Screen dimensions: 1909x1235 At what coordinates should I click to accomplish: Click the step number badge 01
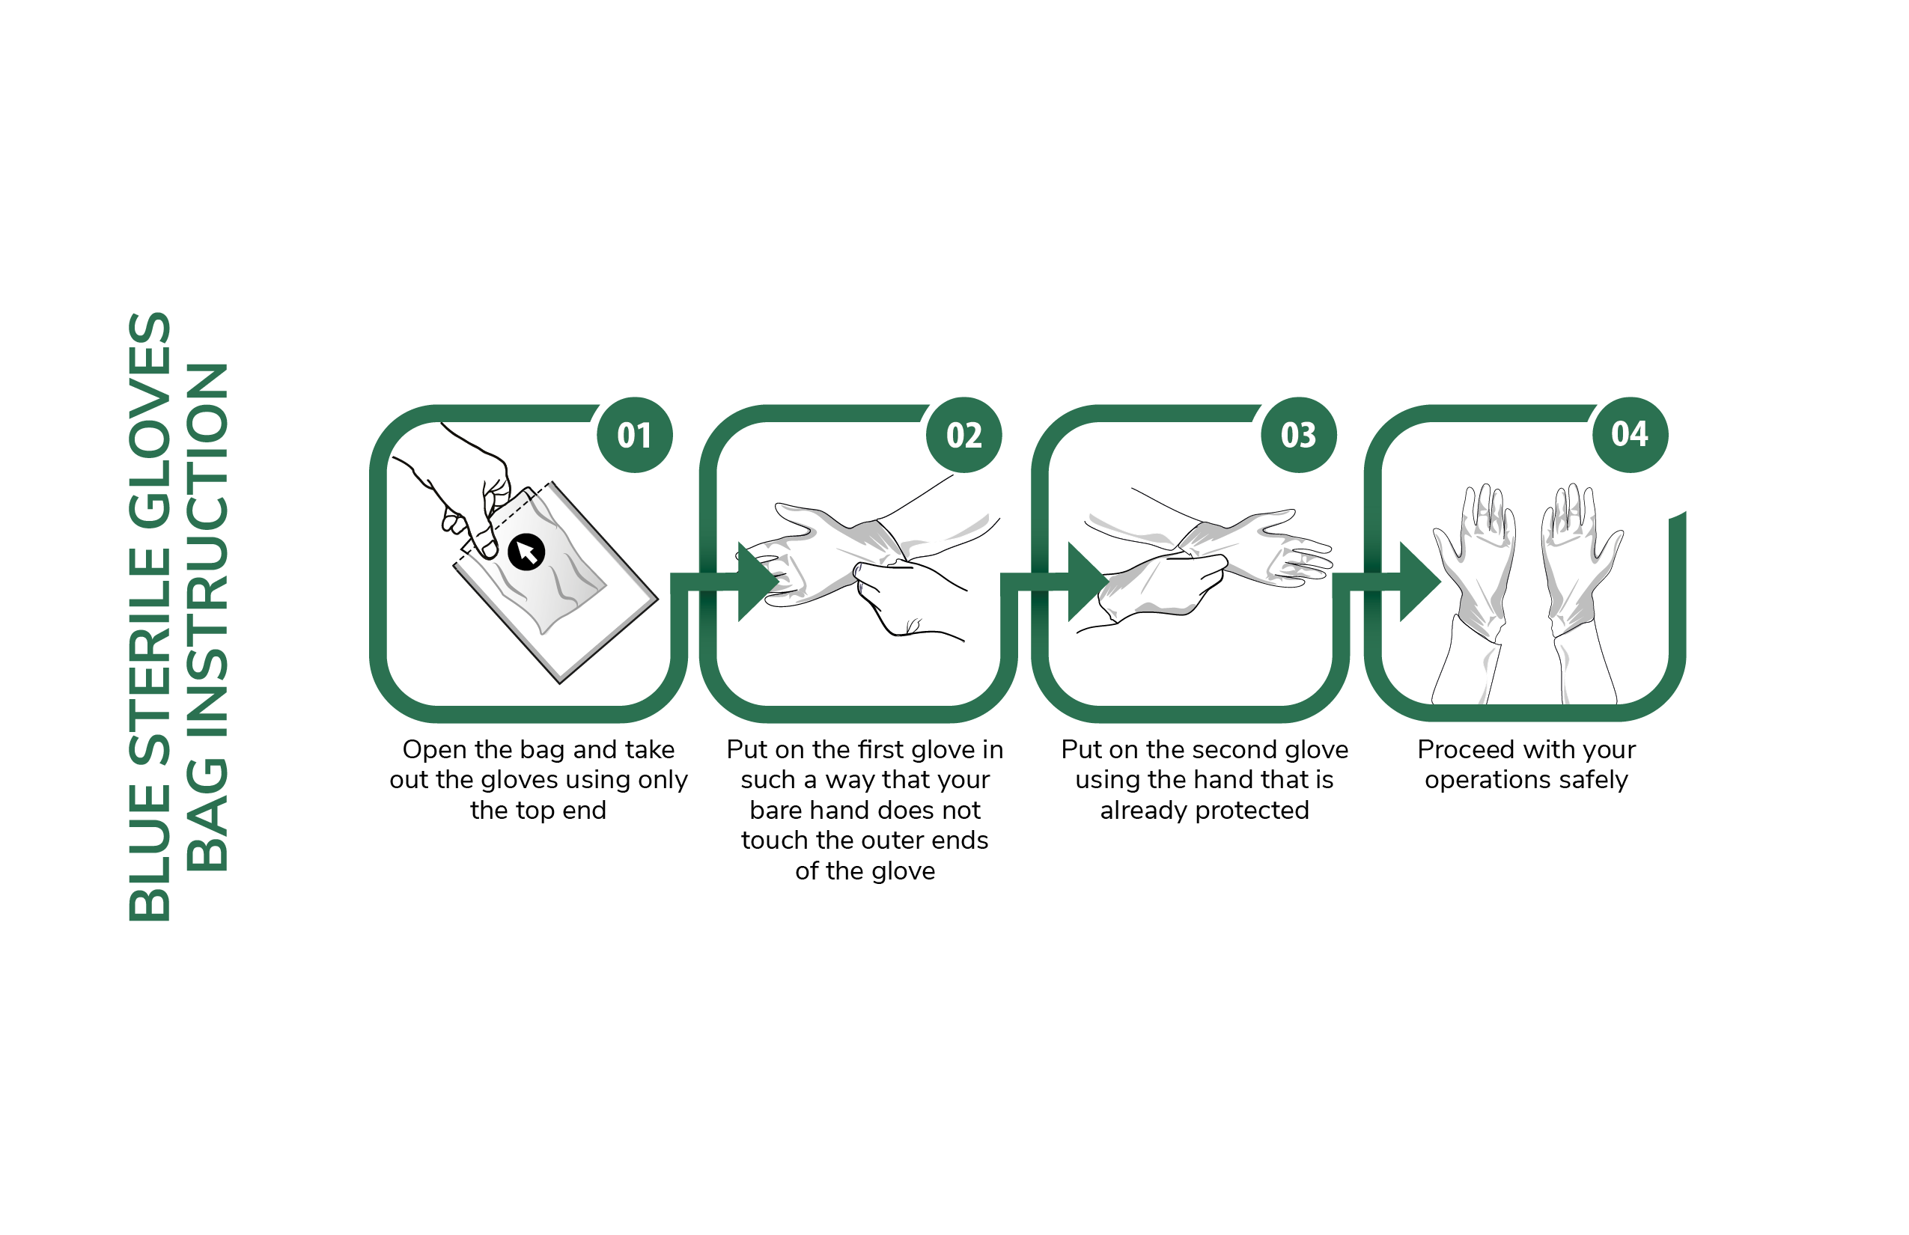[x=635, y=435]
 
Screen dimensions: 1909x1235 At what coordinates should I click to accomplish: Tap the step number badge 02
[x=964, y=435]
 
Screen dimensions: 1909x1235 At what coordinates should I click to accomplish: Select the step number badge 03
[x=1299, y=435]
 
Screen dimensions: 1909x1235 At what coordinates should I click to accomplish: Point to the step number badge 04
[x=1630, y=435]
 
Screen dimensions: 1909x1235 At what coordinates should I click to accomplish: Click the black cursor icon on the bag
[x=526, y=552]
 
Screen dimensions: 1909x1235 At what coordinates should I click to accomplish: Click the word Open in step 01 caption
[x=434, y=751]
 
